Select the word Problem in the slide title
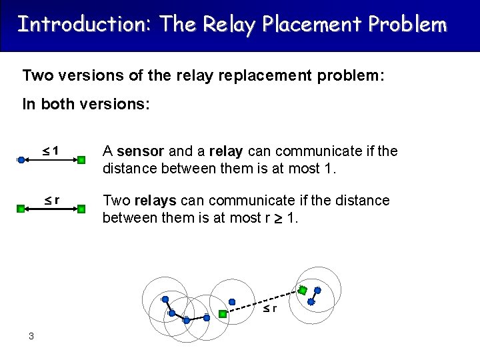tap(407, 25)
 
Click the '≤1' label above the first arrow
tap(51, 151)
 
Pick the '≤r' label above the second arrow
tap(52, 199)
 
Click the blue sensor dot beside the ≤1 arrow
tap(21, 160)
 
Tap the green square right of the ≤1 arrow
tap(81, 160)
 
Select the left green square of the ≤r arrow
tap(21, 209)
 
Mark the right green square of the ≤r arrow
tap(81, 209)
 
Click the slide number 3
tap(31, 336)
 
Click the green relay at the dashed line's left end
tap(223, 313)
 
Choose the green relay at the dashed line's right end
tap(303, 290)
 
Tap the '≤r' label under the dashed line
tap(269, 309)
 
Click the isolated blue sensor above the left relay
tap(232, 301)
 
